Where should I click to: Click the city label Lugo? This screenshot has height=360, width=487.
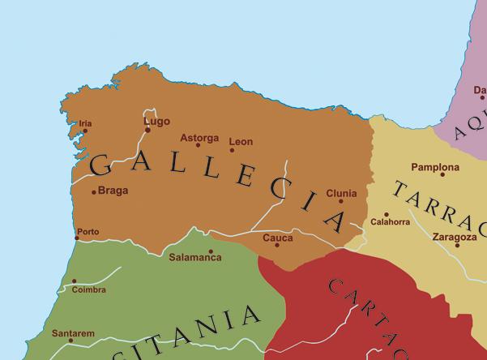[x=156, y=122]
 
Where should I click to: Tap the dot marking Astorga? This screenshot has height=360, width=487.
[x=198, y=145]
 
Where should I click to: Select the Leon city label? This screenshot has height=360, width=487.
[x=241, y=141]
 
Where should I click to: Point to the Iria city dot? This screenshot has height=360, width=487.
[x=85, y=131]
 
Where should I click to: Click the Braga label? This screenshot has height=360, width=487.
[x=113, y=191]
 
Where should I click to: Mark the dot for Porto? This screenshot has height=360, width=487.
[x=77, y=238]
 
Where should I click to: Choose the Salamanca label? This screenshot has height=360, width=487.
[x=194, y=258]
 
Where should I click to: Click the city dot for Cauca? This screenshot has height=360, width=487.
[x=277, y=245]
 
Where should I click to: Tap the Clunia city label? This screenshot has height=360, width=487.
[x=340, y=194]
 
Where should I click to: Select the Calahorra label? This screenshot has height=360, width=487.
[x=390, y=222]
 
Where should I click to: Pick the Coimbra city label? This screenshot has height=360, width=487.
[x=89, y=289]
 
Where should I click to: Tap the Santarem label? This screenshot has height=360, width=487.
[x=73, y=333]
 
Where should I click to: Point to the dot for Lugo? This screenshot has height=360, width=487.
[x=147, y=130]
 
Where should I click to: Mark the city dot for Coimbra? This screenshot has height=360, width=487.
[x=74, y=281]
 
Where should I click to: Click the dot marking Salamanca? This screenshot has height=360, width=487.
[x=211, y=251]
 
